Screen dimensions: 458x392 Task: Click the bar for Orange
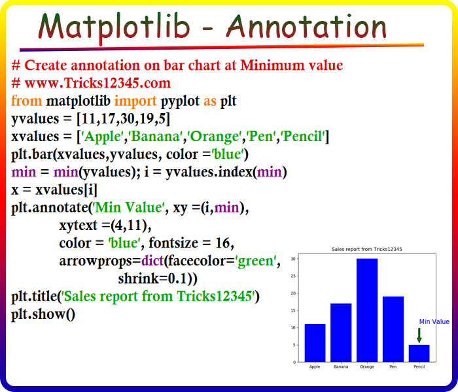pos(367,310)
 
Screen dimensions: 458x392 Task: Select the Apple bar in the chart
pos(315,343)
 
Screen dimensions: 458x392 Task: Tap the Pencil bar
pos(419,353)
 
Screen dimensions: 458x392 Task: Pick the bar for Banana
pos(341,333)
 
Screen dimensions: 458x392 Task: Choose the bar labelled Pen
pos(393,329)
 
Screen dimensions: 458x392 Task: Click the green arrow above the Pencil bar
pos(419,335)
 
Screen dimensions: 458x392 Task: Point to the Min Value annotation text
pos(434,321)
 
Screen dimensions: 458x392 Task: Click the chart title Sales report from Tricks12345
pos(367,249)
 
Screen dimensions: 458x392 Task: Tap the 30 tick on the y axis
pos(293,259)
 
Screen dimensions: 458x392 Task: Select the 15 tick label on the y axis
pos(293,310)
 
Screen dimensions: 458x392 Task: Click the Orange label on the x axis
pos(367,367)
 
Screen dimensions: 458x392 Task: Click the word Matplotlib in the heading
pos(114,27)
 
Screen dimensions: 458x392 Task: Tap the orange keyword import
pos(135,101)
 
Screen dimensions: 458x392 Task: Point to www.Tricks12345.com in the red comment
pos(98,83)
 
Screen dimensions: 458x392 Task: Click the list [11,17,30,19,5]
pos(123,119)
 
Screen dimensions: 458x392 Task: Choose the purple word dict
pos(152,261)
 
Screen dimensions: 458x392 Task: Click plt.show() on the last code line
pos(43,314)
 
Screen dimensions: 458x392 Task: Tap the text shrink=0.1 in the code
pos(152,278)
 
